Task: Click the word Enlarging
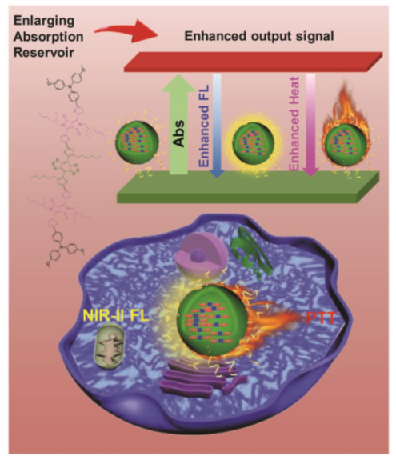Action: [x=44, y=22]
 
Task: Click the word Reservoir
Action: [x=44, y=53]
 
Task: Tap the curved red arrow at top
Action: [x=126, y=31]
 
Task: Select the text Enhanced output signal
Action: [x=259, y=36]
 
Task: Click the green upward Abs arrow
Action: [x=178, y=125]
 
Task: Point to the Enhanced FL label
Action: [x=204, y=126]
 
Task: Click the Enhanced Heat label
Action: [x=294, y=123]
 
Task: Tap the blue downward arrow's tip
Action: [x=217, y=177]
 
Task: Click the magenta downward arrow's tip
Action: [x=310, y=176]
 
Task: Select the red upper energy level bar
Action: [x=253, y=62]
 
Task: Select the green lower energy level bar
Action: [x=248, y=187]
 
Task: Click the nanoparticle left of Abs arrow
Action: [x=137, y=142]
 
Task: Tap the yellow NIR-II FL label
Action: [x=116, y=316]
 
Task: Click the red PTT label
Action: [x=321, y=318]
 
